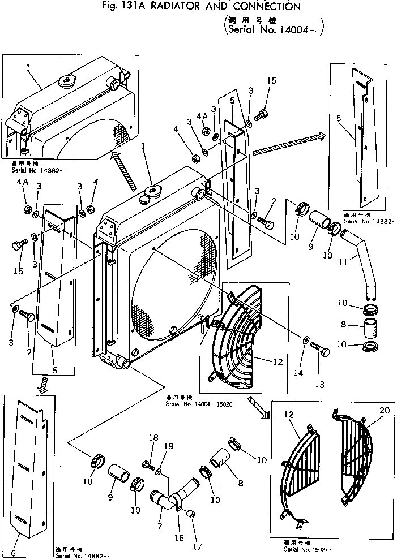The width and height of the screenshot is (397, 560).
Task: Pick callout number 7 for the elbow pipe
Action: tap(159, 527)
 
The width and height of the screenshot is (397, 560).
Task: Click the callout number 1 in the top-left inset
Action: tap(27, 67)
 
